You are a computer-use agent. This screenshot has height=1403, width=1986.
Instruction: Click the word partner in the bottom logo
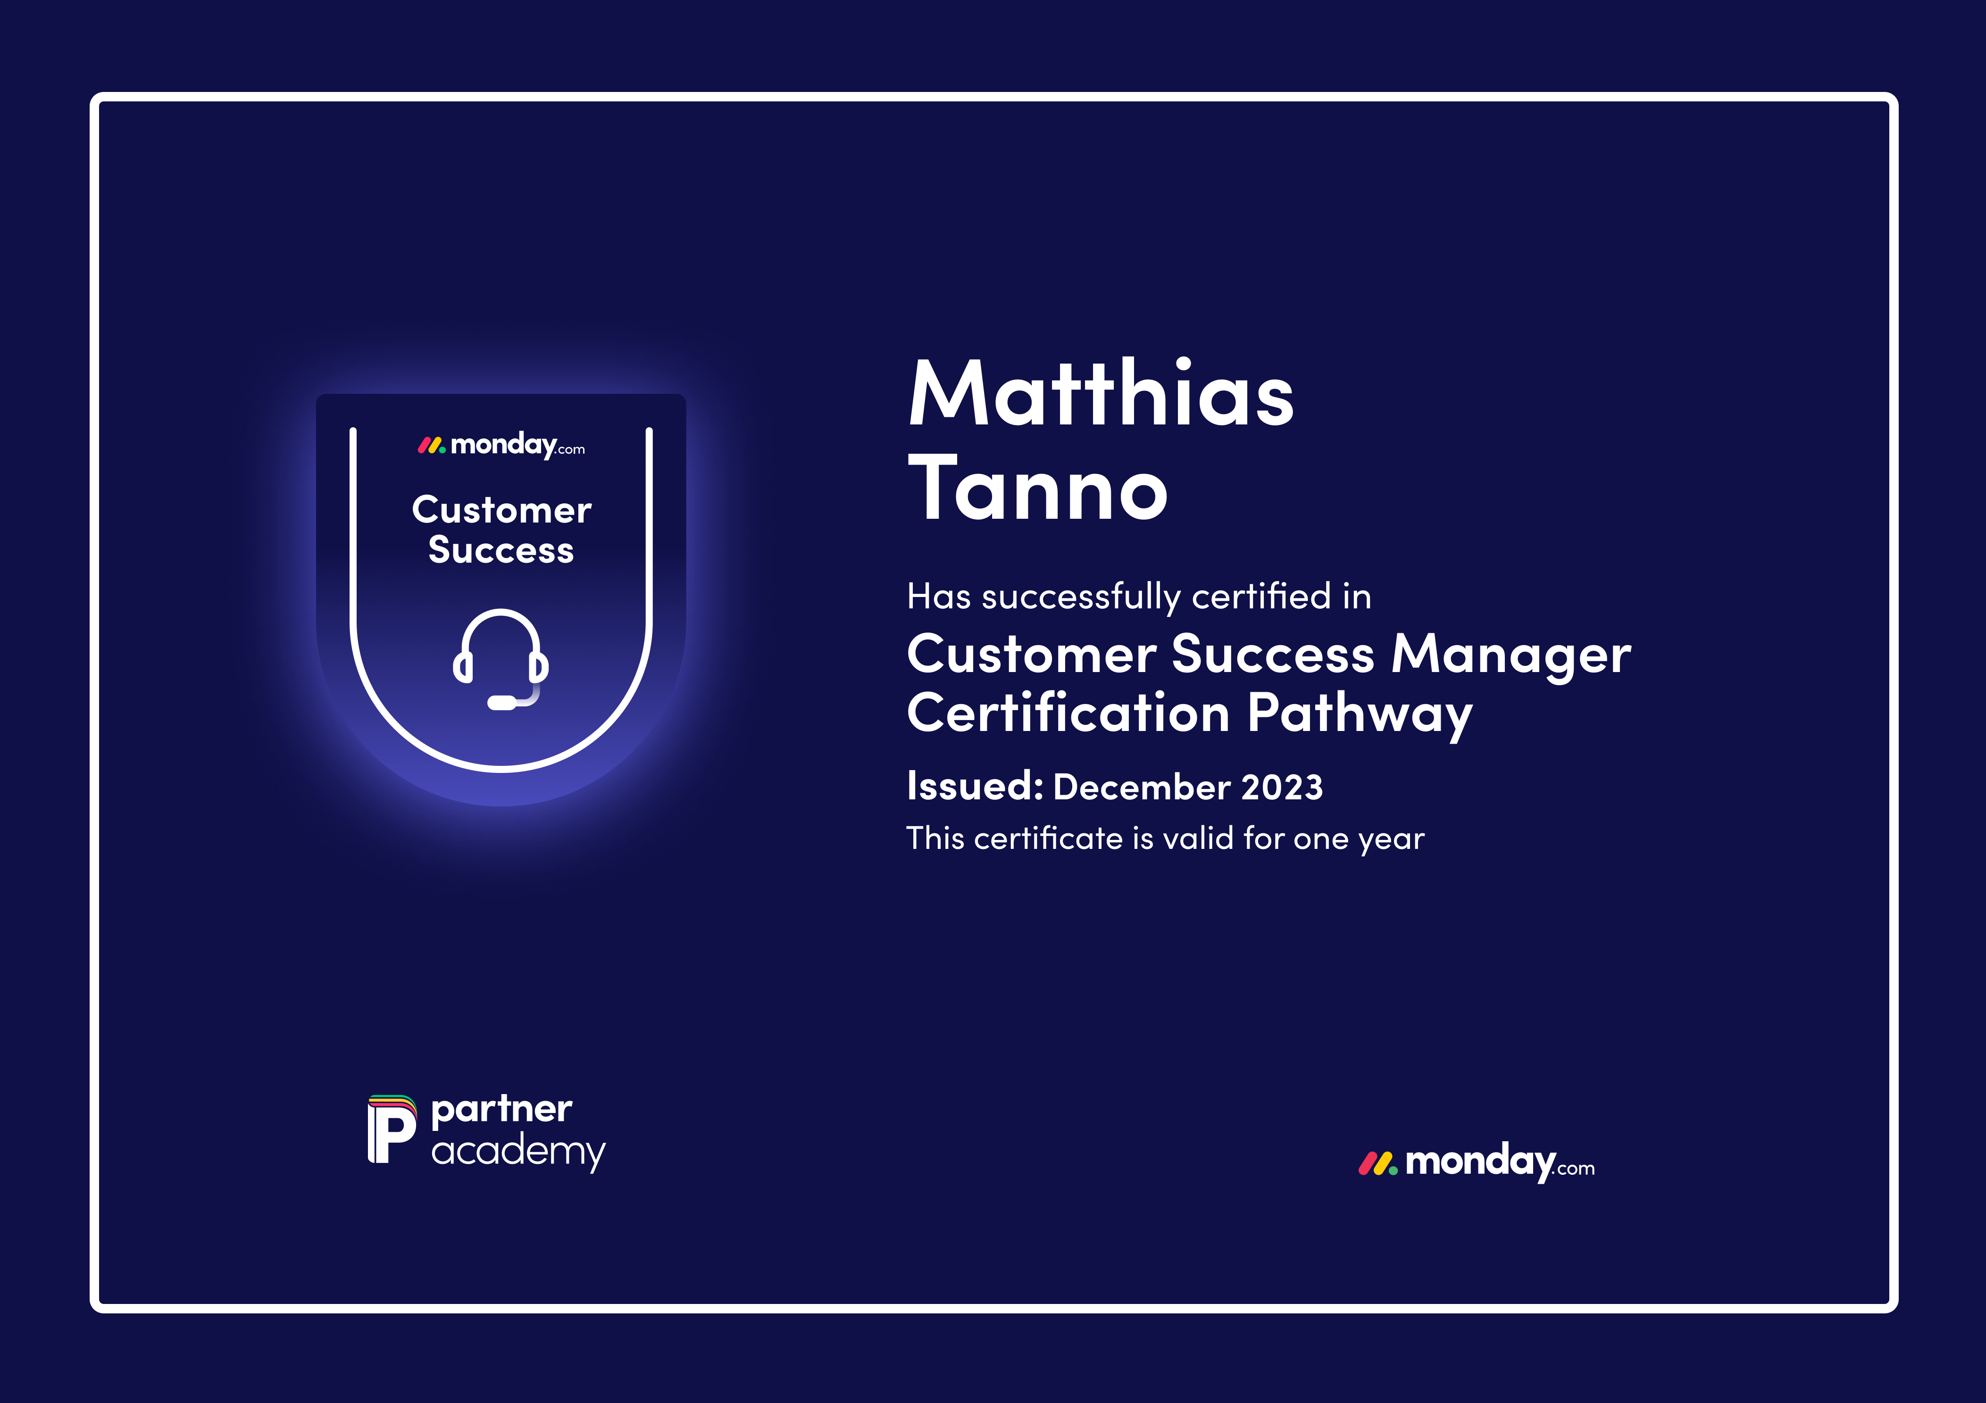502,1110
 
